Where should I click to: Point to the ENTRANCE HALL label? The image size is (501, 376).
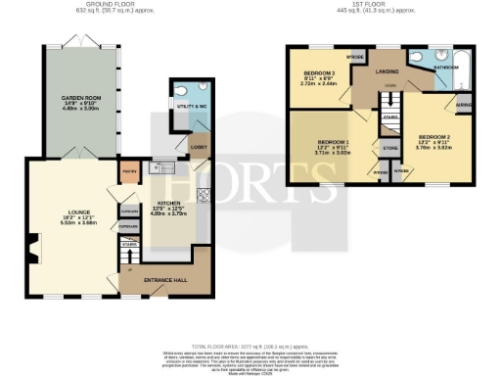[x=166, y=280]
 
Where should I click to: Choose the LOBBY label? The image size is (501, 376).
[x=199, y=148]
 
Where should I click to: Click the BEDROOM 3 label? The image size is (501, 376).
[x=319, y=74]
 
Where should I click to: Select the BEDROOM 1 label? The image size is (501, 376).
[x=332, y=145]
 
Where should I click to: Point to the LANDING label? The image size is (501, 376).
[x=387, y=70]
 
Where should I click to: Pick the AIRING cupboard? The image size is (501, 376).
[x=463, y=103]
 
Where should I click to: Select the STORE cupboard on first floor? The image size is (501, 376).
[x=389, y=149]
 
